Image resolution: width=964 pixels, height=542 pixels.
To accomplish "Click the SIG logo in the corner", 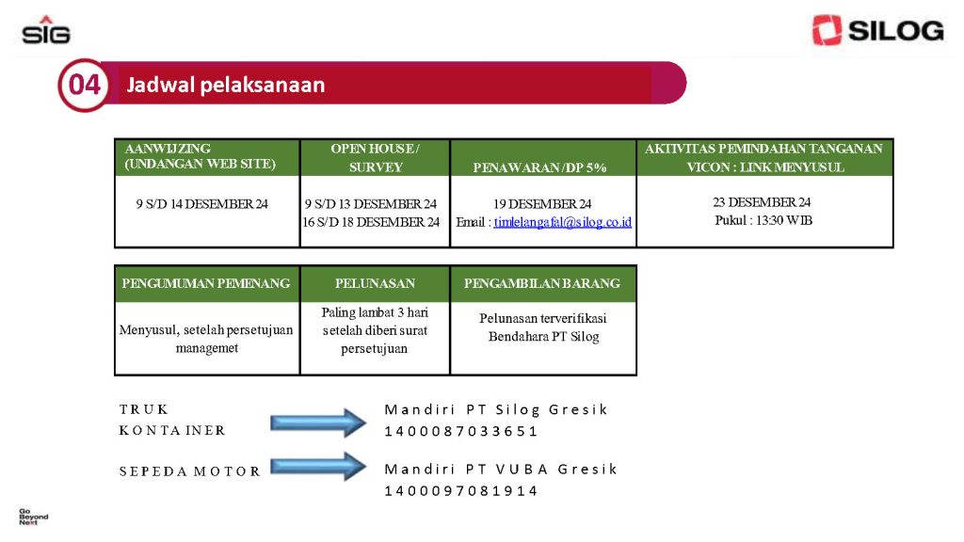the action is (x=46, y=30).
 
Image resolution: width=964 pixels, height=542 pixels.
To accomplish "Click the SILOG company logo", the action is (x=877, y=30).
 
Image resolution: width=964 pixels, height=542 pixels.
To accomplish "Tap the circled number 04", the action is (x=84, y=85).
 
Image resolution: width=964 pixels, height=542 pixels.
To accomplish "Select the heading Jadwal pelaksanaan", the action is (x=226, y=85).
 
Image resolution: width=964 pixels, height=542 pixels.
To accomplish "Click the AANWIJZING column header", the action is (x=207, y=157).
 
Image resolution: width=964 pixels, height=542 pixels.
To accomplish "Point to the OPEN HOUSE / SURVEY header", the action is (x=375, y=157).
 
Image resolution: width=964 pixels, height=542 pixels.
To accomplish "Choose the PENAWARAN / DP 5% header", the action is (x=543, y=158).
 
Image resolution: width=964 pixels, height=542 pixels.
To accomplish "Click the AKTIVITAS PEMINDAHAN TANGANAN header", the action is (x=764, y=157).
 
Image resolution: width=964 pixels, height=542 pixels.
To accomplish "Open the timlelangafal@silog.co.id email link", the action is (x=563, y=222).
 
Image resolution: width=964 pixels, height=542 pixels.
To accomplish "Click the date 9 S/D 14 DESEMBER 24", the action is (x=201, y=204).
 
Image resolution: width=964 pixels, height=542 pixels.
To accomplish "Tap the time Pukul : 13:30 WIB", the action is (x=763, y=220).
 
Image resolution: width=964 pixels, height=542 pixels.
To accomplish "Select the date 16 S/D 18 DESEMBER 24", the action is (x=371, y=222).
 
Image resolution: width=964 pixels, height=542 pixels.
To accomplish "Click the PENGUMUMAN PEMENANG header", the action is (x=207, y=283).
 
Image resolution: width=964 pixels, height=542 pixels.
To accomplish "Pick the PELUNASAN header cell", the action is (x=375, y=283).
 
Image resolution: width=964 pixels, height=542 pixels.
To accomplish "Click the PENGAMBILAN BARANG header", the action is (x=543, y=283).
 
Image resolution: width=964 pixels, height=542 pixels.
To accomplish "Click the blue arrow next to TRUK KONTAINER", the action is (x=318, y=422).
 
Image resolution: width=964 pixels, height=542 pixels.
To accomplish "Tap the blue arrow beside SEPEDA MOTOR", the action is (x=318, y=467).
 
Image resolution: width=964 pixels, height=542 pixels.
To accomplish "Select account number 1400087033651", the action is (x=461, y=431).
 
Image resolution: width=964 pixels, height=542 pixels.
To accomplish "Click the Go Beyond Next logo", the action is (x=33, y=517).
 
